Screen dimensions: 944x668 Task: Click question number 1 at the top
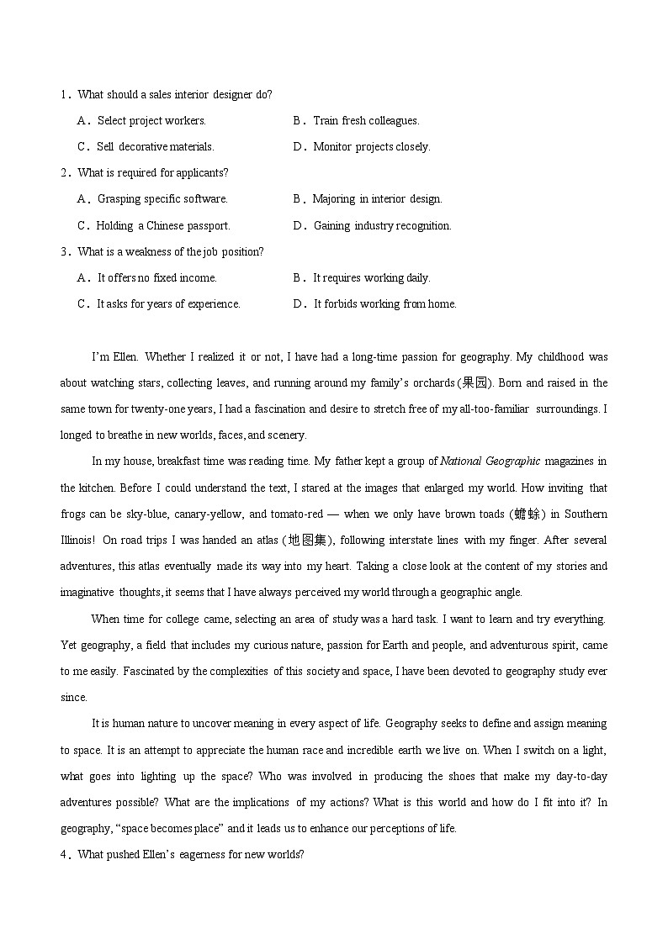[x=64, y=95]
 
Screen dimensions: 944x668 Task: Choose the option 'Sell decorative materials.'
[x=156, y=147]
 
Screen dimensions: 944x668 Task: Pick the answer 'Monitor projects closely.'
[x=371, y=147]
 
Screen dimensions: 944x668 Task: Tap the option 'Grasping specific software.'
[x=162, y=199]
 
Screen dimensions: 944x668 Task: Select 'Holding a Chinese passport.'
[x=162, y=226]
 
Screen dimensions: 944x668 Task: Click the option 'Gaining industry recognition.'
[x=382, y=226]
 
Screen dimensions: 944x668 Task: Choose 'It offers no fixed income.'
[x=156, y=278]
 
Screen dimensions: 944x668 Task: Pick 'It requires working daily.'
[x=371, y=278]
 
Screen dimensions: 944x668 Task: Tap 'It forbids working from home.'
[x=384, y=304]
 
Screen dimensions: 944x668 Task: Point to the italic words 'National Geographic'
[x=490, y=461]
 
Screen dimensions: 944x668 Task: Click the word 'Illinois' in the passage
[x=81, y=541]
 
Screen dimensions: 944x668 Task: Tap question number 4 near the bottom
[x=64, y=855]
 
